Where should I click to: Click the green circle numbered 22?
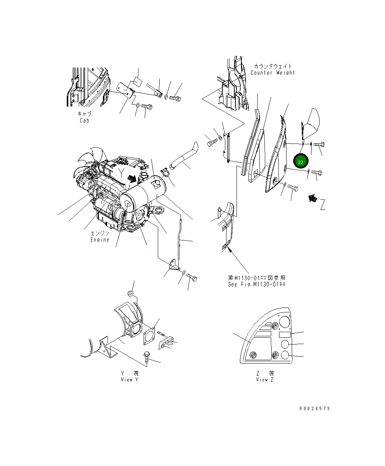pyautogui.click(x=301, y=162)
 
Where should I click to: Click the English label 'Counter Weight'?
pyautogui.click(x=273, y=73)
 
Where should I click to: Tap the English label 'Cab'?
pyautogui.click(x=84, y=120)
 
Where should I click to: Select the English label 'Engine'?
pyautogui.click(x=100, y=240)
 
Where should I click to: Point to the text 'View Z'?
pyautogui.click(x=265, y=380)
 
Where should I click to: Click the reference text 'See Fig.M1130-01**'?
pyautogui.click(x=257, y=284)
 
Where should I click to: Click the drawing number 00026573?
pyautogui.click(x=314, y=409)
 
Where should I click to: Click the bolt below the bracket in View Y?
pyautogui.click(x=147, y=357)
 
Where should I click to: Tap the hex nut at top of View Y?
pyautogui.click(x=130, y=294)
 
